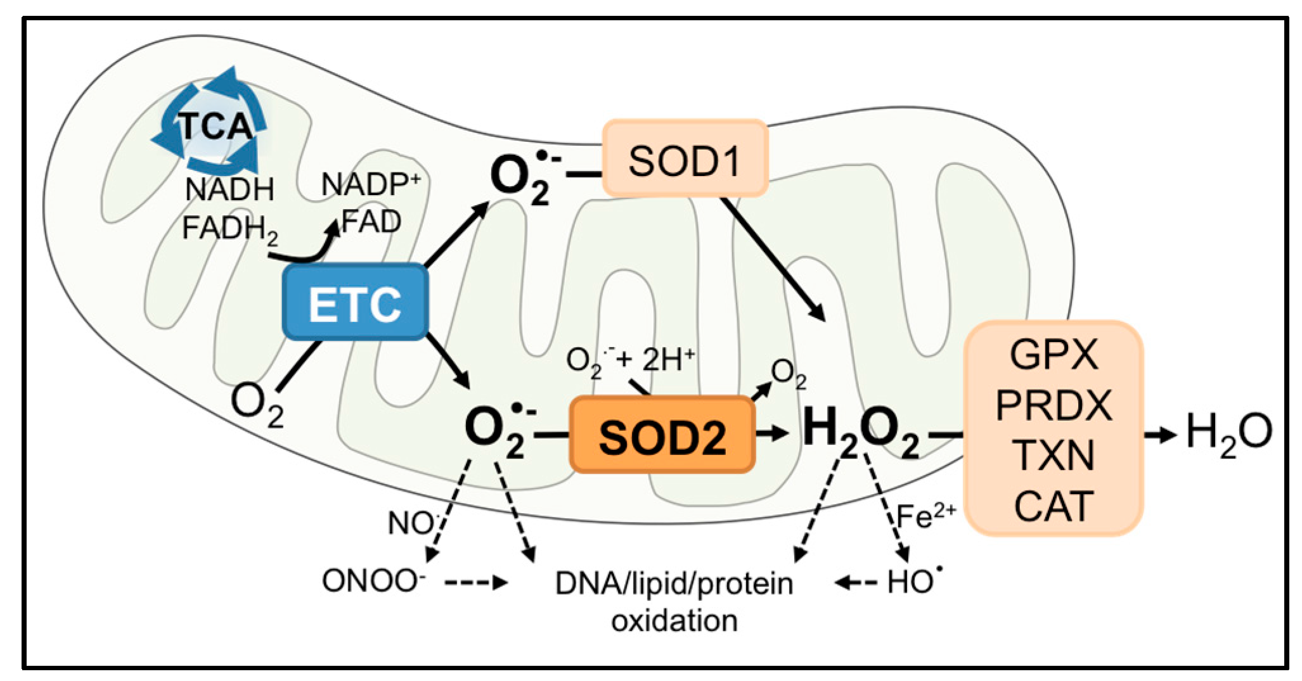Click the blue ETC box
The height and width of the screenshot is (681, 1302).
tap(355, 303)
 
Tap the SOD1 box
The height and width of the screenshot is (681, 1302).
tap(685, 160)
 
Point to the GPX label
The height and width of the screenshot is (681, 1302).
tap(1054, 355)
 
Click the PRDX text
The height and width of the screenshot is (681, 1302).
tap(1054, 405)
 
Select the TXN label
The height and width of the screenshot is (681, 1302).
tap(1054, 455)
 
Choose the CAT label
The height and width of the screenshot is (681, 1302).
tap(1054, 506)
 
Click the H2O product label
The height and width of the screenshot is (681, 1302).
tap(1228, 433)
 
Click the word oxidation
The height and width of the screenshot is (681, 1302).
tap(674, 621)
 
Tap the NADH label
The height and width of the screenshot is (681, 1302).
tap(229, 189)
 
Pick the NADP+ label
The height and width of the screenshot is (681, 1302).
tap(370, 184)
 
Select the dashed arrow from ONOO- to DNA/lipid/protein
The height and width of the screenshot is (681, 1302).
tap(475, 582)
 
